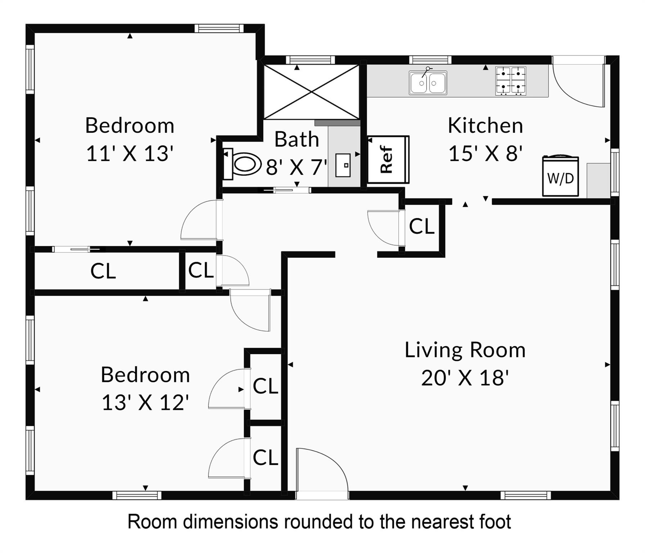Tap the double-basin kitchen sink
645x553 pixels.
coord(428,82)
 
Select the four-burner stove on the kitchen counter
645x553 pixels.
coord(510,81)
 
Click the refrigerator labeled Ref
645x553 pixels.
coord(388,159)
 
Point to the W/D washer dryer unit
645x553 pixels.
coord(560,176)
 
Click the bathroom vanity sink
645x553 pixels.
coord(343,165)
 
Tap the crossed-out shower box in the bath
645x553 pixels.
coord(312,92)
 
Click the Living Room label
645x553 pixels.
coord(465,350)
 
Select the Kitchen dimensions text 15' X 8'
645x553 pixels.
coord(485,153)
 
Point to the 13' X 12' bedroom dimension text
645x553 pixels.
coord(145,403)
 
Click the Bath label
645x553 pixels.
coord(297,139)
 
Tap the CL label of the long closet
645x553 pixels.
coord(103,271)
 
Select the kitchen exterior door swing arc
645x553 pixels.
coord(578,86)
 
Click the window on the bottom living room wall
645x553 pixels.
coord(526,495)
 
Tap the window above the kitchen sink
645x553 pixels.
coord(430,60)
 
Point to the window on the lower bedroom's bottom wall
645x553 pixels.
coord(137,495)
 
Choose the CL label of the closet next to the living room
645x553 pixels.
coord(421,226)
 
